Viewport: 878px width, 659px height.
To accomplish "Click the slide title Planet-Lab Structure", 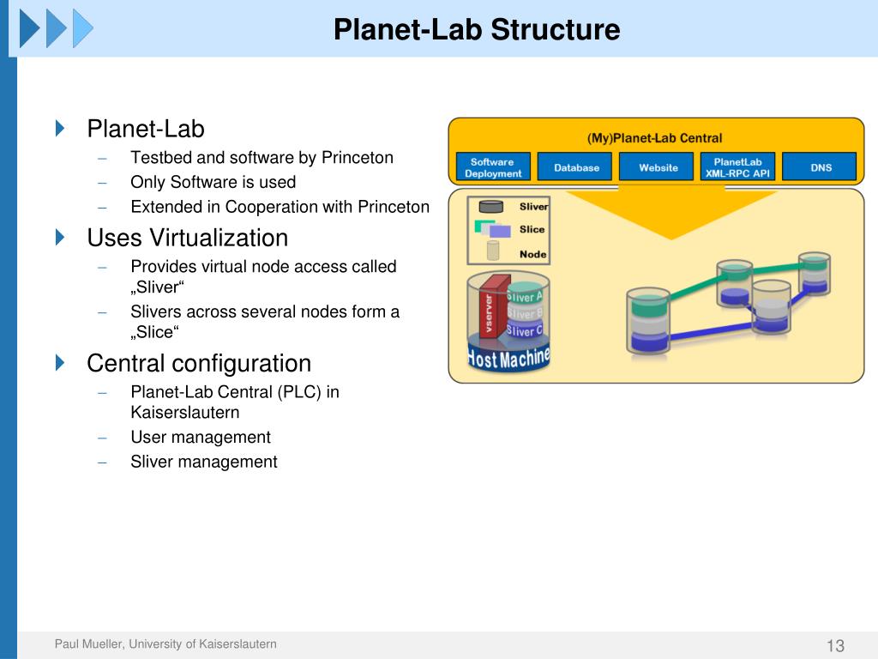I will [x=476, y=30].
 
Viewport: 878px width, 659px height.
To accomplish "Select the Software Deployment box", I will [x=493, y=167].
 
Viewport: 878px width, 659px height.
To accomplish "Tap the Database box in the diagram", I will [x=576, y=167].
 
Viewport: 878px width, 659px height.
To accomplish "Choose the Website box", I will [x=658, y=167].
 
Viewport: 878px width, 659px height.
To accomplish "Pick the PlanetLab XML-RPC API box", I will [x=737, y=167].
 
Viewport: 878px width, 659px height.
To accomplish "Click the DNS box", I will [x=821, y=167].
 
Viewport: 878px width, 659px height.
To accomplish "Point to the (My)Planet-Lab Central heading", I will [x=654, y=137].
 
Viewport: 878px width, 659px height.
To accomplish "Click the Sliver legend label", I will [x=533, y=207].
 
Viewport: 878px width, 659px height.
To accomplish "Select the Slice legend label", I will [x=532, y=229].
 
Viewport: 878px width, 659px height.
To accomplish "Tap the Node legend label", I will [x=532, y=254].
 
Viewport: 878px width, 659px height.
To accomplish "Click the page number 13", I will [x=835, y=646].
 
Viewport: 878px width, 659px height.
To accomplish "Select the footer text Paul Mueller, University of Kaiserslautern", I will [x=165, y=644].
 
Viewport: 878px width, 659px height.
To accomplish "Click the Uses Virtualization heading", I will [x=187, y=238].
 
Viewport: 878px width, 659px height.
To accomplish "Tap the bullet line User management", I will [x=200, y=438].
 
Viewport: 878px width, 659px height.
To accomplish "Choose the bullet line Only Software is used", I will [x=213, y=182].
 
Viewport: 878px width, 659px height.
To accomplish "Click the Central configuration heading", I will [x=198, y=363].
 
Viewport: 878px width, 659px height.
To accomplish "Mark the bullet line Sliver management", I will [x=203, y=462].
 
